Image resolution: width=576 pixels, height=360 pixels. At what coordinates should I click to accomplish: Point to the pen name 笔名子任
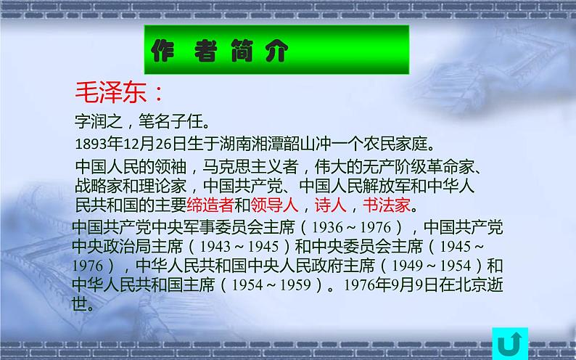(172, 118)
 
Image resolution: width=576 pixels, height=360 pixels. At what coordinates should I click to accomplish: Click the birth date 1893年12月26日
(131, 140)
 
